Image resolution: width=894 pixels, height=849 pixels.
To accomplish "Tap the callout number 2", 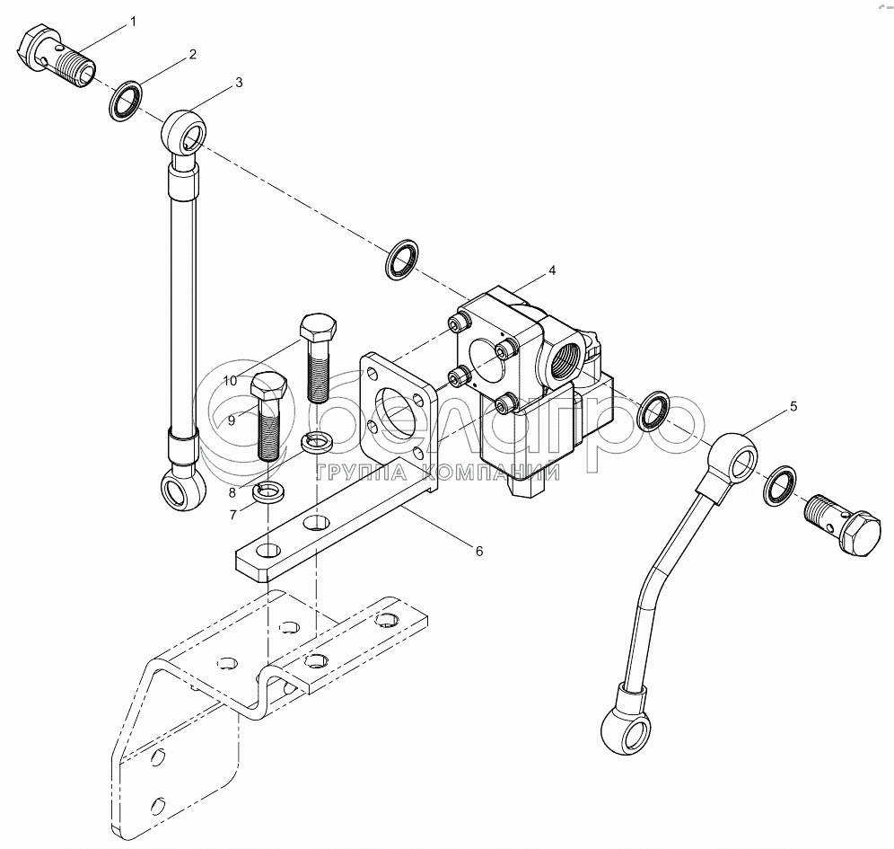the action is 192,55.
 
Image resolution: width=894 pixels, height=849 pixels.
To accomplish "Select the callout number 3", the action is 238,83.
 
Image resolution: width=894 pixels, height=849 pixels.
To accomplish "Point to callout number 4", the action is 552,270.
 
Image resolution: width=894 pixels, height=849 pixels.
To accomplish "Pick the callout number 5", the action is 793,406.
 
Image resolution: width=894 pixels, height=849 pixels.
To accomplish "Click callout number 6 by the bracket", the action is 478,551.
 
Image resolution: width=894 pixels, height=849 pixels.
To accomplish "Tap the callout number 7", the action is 232,514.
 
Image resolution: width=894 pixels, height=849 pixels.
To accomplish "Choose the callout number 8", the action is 232,491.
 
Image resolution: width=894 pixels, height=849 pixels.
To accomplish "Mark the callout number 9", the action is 231,419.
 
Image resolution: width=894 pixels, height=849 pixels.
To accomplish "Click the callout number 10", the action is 231,381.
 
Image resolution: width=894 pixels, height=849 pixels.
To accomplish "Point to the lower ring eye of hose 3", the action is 181,490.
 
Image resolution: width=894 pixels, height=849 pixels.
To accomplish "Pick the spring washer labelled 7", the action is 267,492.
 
